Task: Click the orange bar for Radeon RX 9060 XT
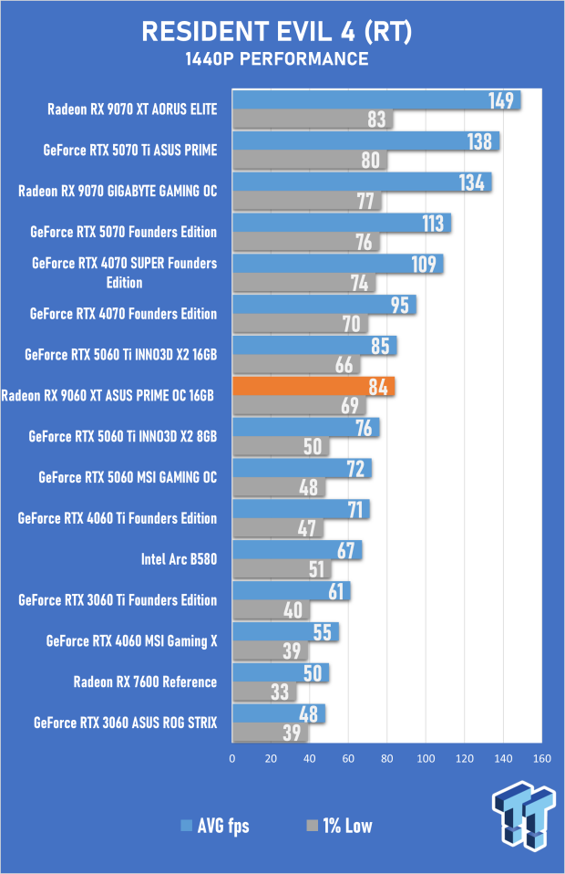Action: point(313,387)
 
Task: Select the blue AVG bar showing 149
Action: point(375,100)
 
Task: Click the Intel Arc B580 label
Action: point(179,559)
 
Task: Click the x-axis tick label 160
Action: point(543,758)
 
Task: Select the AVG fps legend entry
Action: point(215,827)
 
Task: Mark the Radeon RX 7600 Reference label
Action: point(145,682)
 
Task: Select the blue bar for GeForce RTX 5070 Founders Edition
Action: point(341,224)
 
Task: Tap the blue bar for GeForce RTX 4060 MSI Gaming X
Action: point(285,631)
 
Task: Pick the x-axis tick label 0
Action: point(232,758)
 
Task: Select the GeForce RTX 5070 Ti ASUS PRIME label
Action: point(130,150)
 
